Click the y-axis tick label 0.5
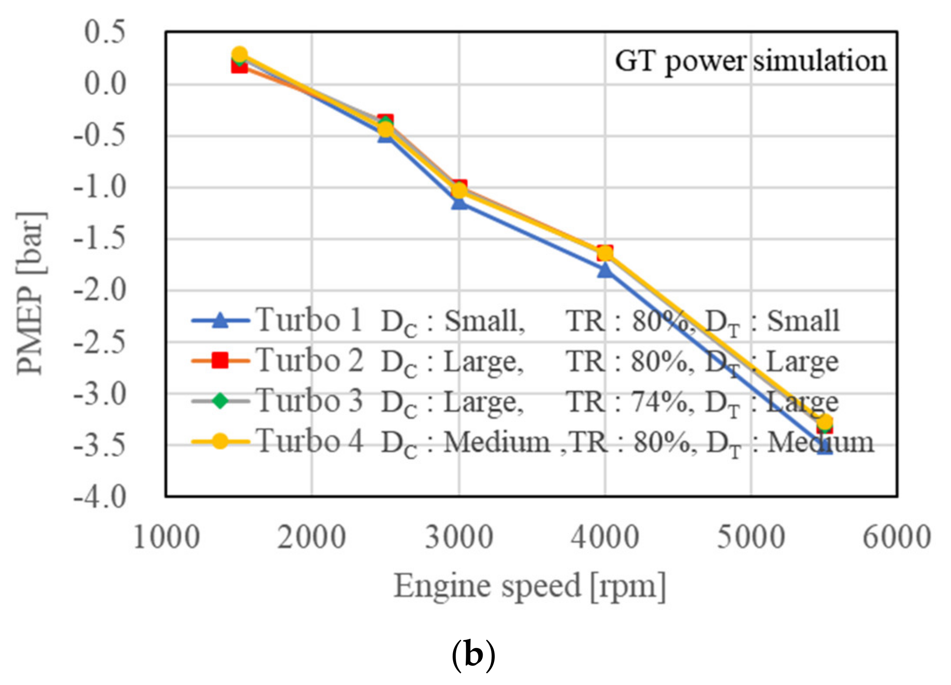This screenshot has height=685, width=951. coord(104,32)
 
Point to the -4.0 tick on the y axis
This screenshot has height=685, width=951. coord(100,497)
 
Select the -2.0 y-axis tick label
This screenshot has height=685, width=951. coord(100,291)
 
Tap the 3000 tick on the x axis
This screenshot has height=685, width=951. coord(459,538)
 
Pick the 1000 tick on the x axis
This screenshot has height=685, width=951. coord(167,538)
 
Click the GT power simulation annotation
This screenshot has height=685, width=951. coord(751,61)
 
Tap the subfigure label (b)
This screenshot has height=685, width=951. coord(474,655)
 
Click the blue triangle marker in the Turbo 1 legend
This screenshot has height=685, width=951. coord(220,321)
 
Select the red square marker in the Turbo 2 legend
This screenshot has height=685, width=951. coord(220,361)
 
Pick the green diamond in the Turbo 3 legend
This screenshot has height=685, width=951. coord(220,401)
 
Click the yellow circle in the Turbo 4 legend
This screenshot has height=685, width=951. coord(220,441)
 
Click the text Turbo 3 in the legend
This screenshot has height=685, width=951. coord(309,401)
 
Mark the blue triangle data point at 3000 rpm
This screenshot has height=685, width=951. coord(459,202)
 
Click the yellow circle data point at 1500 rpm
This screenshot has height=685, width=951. coord(240,54)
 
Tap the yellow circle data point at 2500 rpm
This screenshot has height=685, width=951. coord(386,129)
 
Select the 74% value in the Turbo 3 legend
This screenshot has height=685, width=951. coord(659,401)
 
